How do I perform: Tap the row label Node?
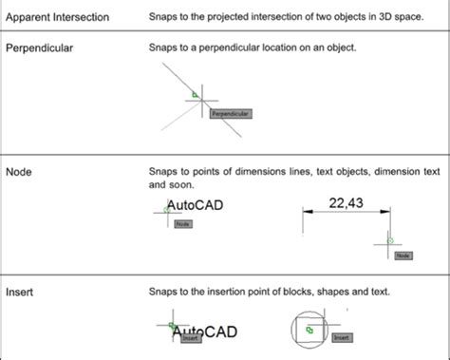click(19, 172)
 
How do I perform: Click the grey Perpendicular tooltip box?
click(231, 114)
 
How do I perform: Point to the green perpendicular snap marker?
click(194, 94)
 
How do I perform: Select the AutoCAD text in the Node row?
click(196, 205)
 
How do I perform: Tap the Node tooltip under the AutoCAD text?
click(184, 224)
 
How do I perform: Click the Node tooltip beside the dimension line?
click(403, 256)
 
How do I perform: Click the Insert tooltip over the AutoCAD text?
click(191, 337)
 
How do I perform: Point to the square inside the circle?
click(309, 330)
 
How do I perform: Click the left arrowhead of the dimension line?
click(306, 215)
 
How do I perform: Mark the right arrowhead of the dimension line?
click(387, 215)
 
